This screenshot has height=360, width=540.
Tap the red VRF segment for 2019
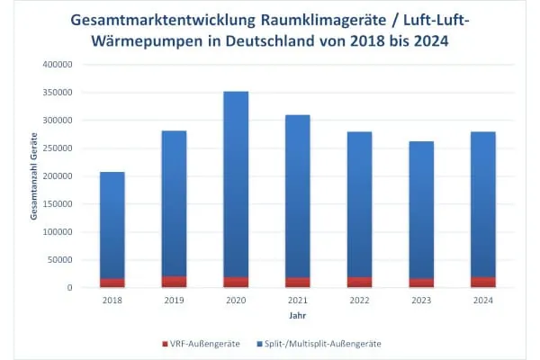(x=174, y=282)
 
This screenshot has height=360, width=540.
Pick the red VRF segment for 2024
(x=482, y=282)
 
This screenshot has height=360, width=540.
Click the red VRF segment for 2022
(x=359, y=282)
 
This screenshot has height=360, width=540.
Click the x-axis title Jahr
(x=297, y=317)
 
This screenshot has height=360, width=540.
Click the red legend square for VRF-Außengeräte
(x=165, y=344)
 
